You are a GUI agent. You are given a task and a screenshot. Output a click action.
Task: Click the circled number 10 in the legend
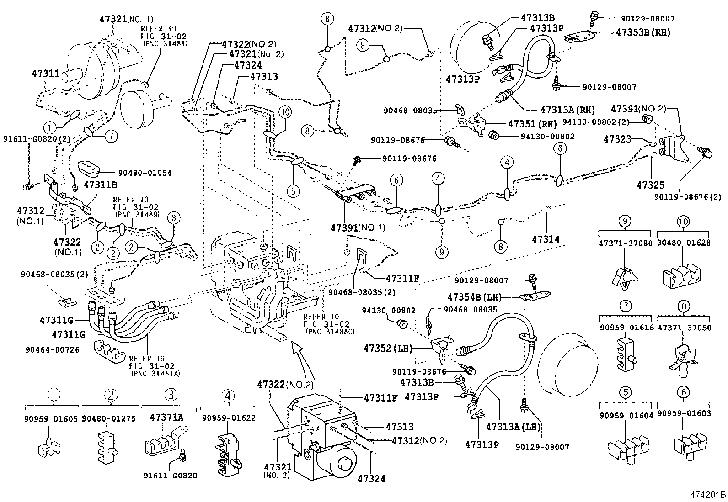pos(683,222)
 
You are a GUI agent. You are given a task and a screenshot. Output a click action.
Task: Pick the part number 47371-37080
pos(625,243)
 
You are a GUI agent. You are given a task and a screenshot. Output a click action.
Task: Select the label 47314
pos(546,239)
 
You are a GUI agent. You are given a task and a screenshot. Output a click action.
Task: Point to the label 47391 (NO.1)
pos(359,227)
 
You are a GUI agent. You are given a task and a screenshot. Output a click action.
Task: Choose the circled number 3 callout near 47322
pos(173,218)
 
